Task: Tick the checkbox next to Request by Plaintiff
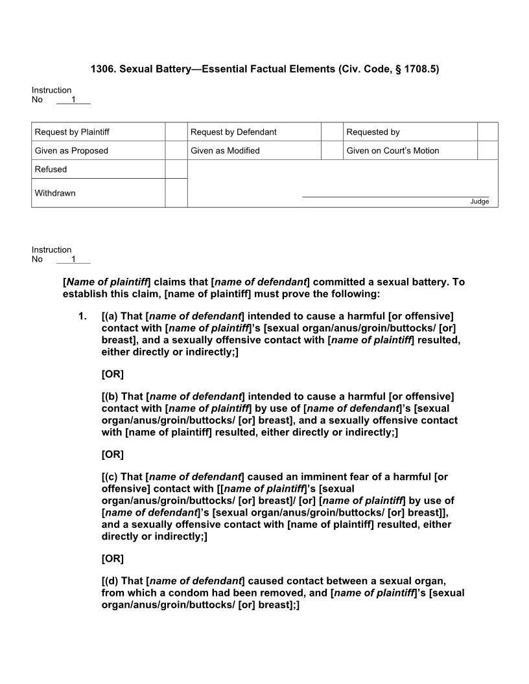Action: click(x=176, y=132)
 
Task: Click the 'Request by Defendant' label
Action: click(x=233, y=132)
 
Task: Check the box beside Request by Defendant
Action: click(x=332, y=132)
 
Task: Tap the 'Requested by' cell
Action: click(x=373, y=132)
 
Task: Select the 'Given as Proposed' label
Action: click(x=71, y=151)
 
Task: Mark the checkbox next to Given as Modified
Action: click(x=332, y=151)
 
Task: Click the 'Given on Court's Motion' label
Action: click(x=392, y=151)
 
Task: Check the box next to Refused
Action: click(x=176, y=169)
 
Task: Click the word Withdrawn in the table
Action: click(x=55, y=193)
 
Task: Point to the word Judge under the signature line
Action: click(x=479, y=201)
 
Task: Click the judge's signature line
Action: click(x=395, y=196)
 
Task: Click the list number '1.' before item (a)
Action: click(x=82, y=316)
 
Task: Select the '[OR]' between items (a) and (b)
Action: click(x=113, y=374)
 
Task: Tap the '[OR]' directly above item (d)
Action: click(x=113, y=558)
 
